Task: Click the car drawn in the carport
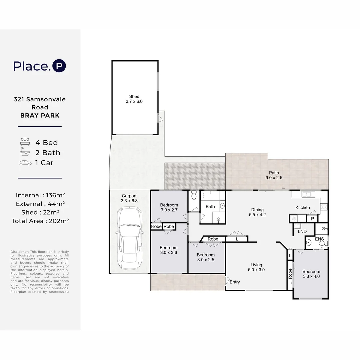click(x=130, y=238)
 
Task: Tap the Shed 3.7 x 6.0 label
click(x=134, y=99)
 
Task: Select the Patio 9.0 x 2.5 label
click(x=274, y=175)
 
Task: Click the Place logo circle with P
click(x=59, y=66)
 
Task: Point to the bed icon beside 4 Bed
click(x=25, y=142)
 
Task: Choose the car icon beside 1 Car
click(x=25, y=163)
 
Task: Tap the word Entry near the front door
click(x=235, y=282)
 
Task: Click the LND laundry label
click(x=302, y=231)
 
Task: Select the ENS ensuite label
click(x=319, y=239)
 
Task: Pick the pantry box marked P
click(x=312, y=219)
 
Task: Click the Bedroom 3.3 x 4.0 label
click(x=311, y=274)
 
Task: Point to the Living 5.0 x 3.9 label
click(x=256, y=267)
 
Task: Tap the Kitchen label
click(x=302, y=207)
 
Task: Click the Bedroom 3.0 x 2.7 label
click(x=169, y=208)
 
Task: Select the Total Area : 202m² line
click(x=40, y=221)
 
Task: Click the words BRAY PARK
click(x=40, y=115)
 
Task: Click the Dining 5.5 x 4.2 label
click(x=257, y=212)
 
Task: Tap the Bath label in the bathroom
click(x=210, y=207)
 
